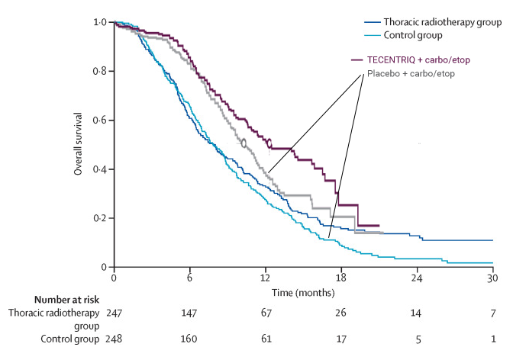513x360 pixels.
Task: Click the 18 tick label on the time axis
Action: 341,279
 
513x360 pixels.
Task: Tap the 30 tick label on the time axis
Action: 492,279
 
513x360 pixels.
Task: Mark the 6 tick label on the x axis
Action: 190,279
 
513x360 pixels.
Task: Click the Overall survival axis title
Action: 79,145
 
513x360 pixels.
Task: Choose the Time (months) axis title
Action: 303,292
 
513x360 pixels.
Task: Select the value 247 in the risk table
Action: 115,313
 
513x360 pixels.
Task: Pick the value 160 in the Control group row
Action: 190,339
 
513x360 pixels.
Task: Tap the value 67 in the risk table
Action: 266,313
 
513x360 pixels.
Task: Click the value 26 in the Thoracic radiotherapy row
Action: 341,313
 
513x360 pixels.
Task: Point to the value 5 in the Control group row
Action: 417,339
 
